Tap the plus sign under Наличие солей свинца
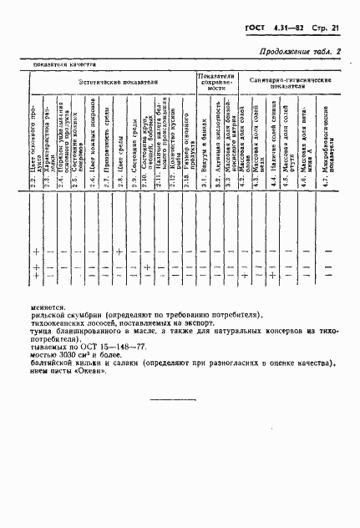click(272, 275)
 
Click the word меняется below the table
click(50, 306)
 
